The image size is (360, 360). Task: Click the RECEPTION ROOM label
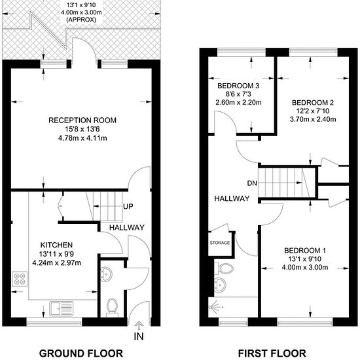[82, 120]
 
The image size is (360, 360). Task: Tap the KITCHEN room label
[56, 245]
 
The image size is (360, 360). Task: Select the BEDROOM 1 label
[305, 250]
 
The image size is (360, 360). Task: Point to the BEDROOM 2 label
[313, 102]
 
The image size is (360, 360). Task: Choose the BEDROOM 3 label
[238, 86]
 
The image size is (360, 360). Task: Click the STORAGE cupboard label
[220, 243]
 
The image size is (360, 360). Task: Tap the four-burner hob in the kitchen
[20, 279]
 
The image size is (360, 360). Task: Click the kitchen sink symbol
[62, 308]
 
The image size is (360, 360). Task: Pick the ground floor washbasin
[106, 274]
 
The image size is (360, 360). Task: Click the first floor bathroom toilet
[223, 268]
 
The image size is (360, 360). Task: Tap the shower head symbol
[215, 307]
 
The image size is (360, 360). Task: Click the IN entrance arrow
[139, 325]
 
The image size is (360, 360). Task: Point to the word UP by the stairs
[128, 207]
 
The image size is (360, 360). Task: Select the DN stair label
[252, 183]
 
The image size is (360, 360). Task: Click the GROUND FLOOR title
[81, 353]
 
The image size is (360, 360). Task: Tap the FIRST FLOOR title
[272, 353]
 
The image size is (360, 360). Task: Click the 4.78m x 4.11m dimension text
[82, 138]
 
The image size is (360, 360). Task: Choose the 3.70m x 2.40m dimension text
[313, 119]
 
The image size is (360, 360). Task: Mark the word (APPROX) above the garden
[81, 20]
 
